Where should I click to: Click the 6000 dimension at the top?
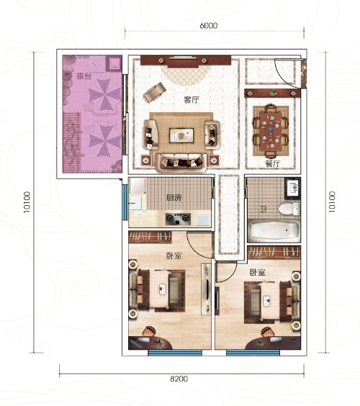(x=209, y=26)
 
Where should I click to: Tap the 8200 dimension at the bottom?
(x=179, y=379)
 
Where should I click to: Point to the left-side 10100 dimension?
(x=27, y=202)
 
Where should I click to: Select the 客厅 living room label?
(x=192, y=99)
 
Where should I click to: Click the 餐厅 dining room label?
(x=272, y=163)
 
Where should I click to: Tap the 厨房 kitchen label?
(x=174, y=198)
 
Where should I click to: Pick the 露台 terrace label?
(x=84, y=76)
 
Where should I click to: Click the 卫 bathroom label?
(x=264, y=209)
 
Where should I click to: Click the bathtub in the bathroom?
(x=274, y=230)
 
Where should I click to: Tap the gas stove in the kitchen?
(x=178, y=219)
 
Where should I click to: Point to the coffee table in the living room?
(x=181, y=135)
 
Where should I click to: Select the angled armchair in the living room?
(x=155, y=92)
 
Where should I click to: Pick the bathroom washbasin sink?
(x=293, y=188)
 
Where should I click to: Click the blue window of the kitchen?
(x=125, y=202)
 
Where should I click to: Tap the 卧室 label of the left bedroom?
(x=174, y=256)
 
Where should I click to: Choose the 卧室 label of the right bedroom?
(x=257, y=272)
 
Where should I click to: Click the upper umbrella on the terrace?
(x=104, y=96)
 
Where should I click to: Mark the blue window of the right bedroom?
(x=253, y=353)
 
